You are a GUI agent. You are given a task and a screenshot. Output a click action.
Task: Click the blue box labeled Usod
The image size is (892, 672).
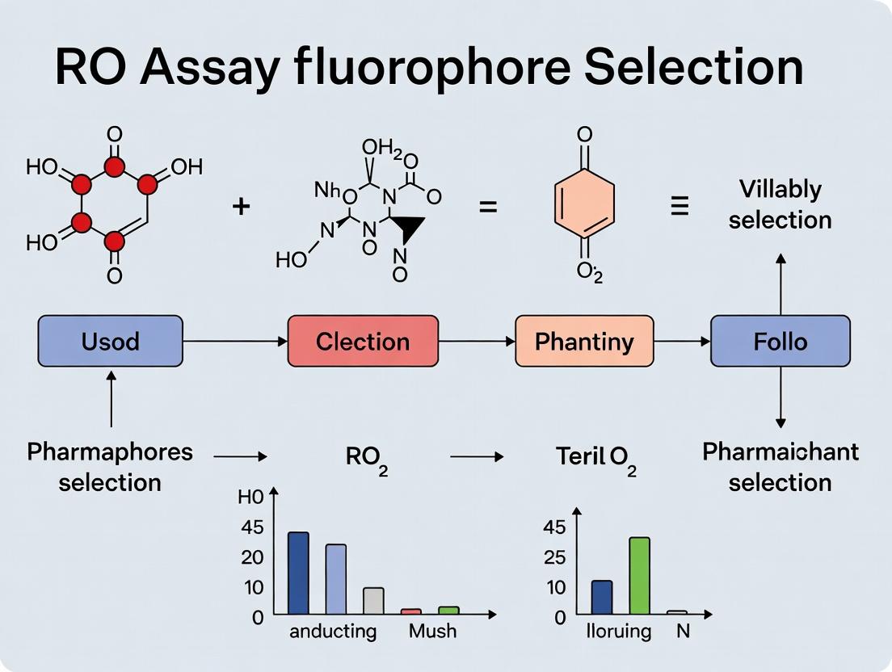[x=110, y=341]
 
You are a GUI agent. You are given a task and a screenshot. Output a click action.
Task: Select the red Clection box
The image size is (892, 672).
[x=363, y=341]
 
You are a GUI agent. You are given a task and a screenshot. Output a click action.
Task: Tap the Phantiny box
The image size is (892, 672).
[x=584, y=341]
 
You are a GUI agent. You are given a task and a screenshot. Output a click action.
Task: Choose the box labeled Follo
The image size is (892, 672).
[x=780, y=341]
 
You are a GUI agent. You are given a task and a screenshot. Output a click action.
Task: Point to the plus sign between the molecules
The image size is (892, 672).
[x=241, y=206]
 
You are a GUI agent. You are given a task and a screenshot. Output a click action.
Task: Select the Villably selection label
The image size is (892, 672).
[x=780, y=204]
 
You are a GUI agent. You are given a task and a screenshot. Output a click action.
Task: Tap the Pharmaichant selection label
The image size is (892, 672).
[x=780, y=467]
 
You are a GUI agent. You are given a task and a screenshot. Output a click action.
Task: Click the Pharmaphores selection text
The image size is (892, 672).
[x=110, y=467]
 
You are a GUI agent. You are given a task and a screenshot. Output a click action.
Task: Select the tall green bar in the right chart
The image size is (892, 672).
[x=639, y=575]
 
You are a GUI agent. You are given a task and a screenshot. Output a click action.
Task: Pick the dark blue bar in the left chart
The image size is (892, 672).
[x=298, y=573]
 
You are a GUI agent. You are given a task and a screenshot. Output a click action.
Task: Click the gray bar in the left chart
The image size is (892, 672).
[x=373, y=600]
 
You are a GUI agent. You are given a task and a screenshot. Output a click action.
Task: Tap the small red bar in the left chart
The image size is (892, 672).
[x=410, y=611]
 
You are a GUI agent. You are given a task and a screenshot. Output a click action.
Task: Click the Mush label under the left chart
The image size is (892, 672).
[x=432, y=631]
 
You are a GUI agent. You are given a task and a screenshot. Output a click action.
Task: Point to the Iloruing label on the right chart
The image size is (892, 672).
[x=619, y=631]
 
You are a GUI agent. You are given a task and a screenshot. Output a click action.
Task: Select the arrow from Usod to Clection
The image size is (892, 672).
[x=234, y=342]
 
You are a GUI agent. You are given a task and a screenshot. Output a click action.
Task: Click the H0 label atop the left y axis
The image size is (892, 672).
[x=250, y=498]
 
